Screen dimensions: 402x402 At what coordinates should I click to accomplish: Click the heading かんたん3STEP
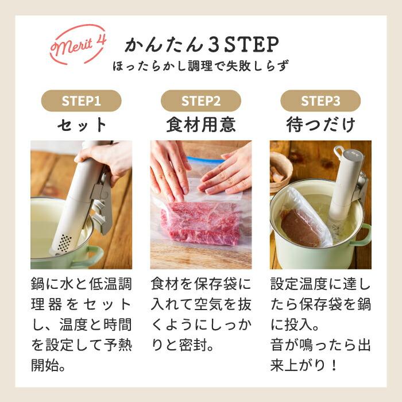[x=202, y=44]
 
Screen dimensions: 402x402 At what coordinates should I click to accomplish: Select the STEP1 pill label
[x=81, y=101]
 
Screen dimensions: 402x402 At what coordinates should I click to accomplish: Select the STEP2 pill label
[x=201, y=101]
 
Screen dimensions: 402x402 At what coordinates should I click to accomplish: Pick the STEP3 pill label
[x=320, y=101]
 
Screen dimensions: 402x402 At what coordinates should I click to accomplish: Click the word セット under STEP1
[x=81, y=125]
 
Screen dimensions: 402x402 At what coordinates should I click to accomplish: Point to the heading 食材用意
[x=201, y=125]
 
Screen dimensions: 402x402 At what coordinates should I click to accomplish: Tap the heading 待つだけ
[x=320, y=125]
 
